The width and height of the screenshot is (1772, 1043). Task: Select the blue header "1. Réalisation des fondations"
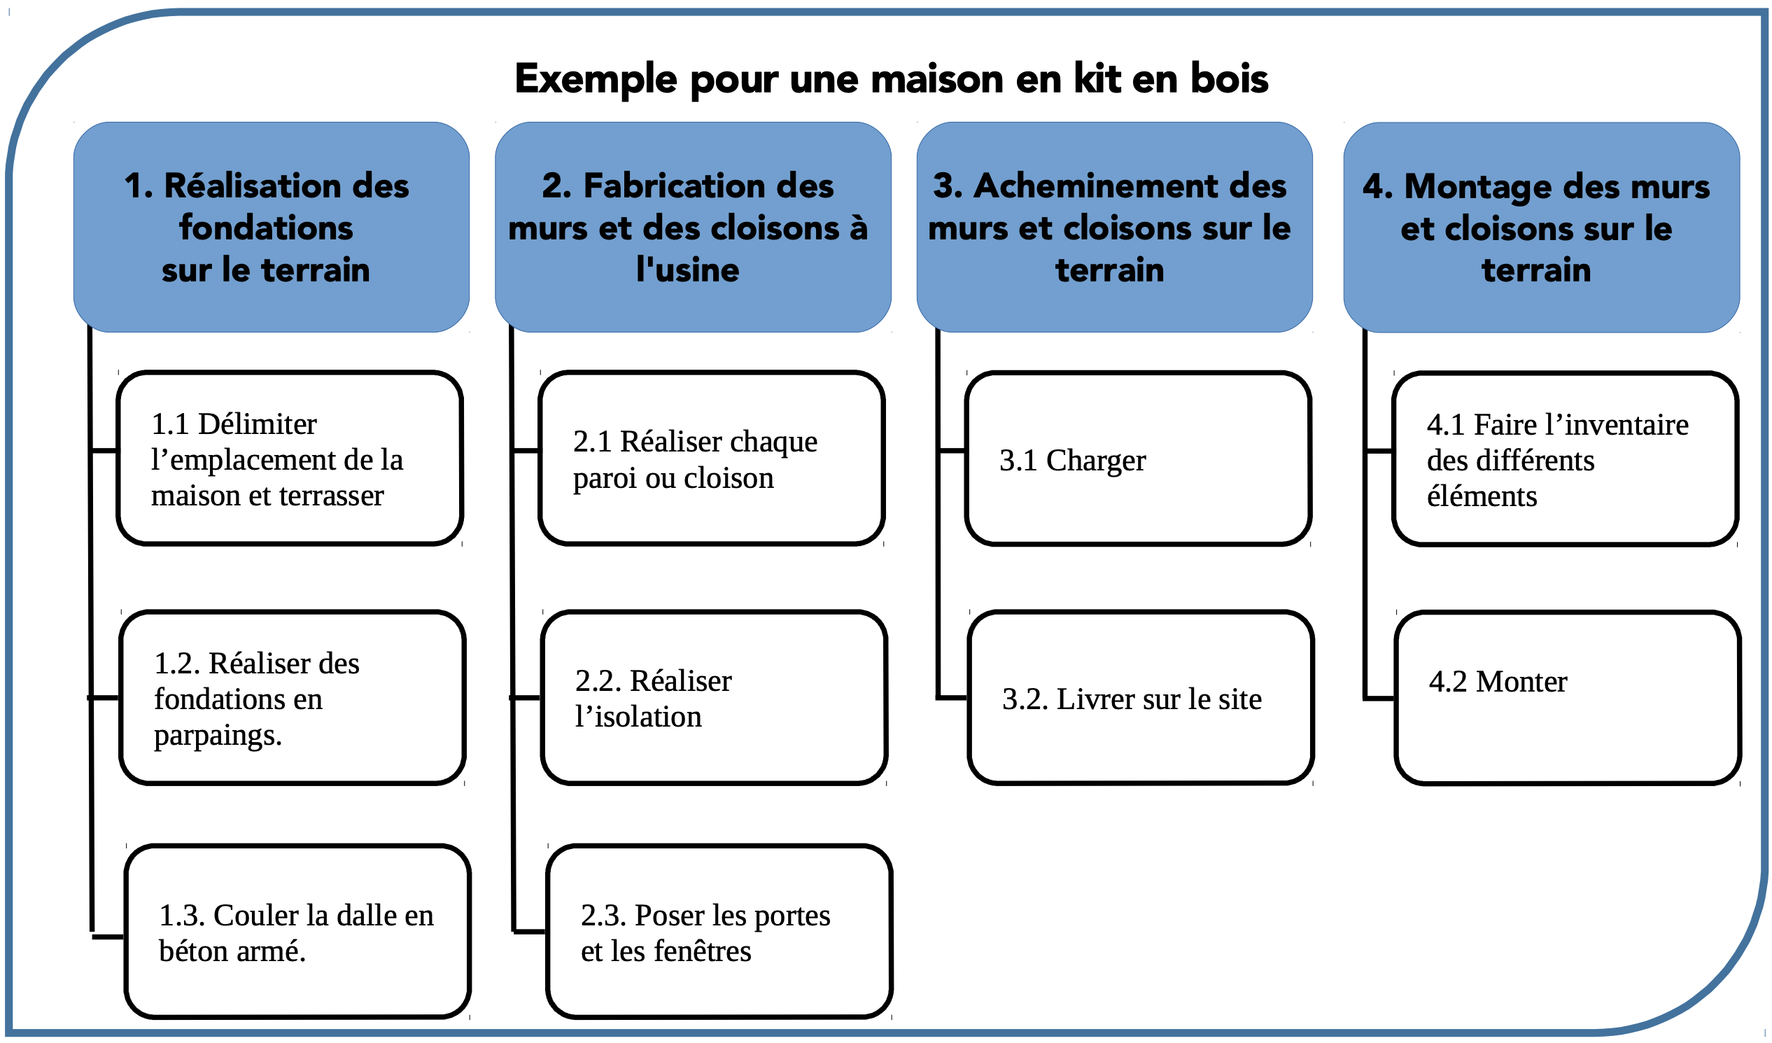272,227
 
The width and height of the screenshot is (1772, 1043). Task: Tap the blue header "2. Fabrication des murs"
693,227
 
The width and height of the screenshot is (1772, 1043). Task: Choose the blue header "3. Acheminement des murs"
1115,227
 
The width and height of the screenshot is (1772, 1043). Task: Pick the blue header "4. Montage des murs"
1541,227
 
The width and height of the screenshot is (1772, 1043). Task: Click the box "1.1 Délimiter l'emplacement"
290,458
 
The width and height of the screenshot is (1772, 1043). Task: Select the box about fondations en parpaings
293,698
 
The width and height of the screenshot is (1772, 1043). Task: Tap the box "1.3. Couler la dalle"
297,932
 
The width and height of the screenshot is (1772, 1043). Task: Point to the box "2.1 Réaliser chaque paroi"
711,458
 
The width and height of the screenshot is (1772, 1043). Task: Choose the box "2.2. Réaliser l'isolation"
714,698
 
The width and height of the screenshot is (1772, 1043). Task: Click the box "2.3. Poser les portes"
719,932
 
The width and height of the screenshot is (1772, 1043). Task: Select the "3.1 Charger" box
1139,458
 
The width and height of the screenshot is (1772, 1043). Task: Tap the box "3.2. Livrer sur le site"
1141,698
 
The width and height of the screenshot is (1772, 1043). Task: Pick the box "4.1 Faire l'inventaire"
1566,458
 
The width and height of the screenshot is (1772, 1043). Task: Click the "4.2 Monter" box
1568,698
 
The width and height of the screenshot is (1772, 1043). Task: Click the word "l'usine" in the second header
687,269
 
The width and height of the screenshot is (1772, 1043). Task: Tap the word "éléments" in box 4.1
1482,496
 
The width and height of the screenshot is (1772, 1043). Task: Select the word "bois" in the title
1230,78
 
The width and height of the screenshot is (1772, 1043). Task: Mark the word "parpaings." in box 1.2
218,736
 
